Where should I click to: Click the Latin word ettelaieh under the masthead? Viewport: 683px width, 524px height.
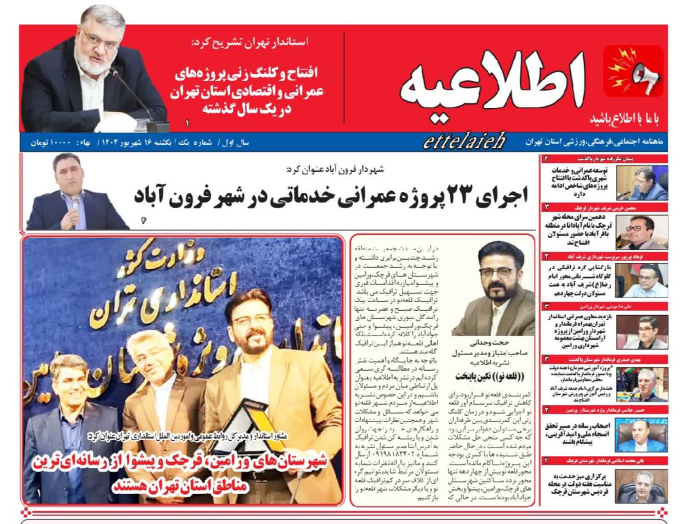tap(464, 142)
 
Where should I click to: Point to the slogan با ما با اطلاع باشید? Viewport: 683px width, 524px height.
tap(624, 119)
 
